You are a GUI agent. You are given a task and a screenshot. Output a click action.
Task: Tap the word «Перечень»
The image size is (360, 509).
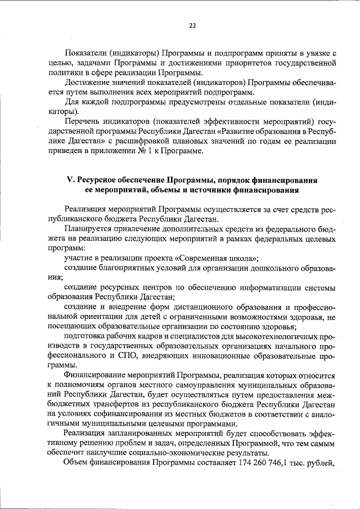point(83,121)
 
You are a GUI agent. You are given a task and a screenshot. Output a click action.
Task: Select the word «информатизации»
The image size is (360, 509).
point(258,287)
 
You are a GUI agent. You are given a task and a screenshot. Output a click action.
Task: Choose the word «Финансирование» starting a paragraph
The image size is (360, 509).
point(95,375)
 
